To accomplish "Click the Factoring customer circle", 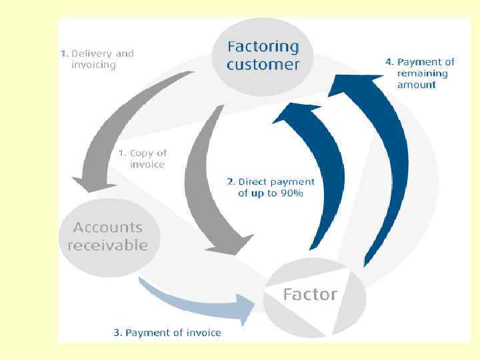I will click(x=263, y=56).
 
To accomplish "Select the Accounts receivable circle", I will click(x=107, y=235).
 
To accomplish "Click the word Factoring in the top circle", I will click(x=263, y=47).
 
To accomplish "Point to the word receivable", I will click(x=107, y=245).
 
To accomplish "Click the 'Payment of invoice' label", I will click(x=167, y=332).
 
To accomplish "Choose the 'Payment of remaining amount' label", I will click(x=419, y=73).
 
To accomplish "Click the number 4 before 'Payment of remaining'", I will click(x=388, y=62).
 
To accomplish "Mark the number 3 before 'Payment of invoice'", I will click(x=117, y=332).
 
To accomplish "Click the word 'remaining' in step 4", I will click(x=423, y=73).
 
